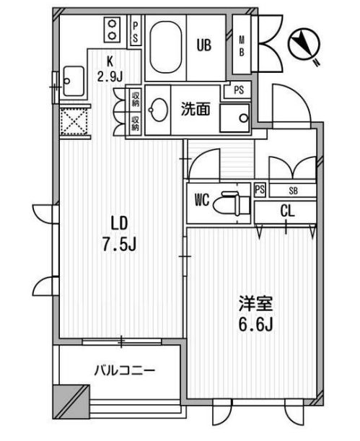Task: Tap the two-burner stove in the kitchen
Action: coord(113,30)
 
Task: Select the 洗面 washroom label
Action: coord(195,111)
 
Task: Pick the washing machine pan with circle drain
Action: coord(234,116)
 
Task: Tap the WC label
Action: coord(202,200)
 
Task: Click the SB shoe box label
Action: coord(292,191)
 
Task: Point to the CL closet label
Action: coord(287,211)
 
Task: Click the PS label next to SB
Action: coord(260,191)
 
